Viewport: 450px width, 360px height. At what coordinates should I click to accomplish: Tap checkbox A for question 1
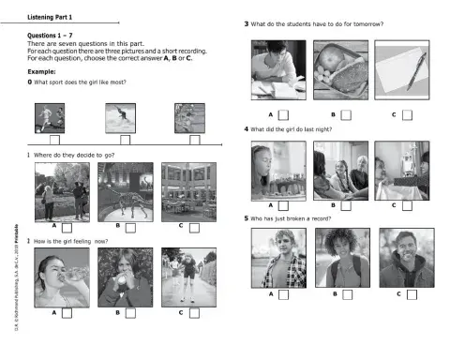(67, 227)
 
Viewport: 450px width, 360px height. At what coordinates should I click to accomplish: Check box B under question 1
(131, 227)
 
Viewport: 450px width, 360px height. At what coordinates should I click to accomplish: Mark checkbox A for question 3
(284, 114)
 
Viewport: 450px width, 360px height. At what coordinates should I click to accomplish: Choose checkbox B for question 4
(347, 204)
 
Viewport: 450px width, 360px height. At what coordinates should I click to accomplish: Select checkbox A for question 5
(284, 294)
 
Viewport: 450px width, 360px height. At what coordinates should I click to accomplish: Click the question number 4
(246, 128)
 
